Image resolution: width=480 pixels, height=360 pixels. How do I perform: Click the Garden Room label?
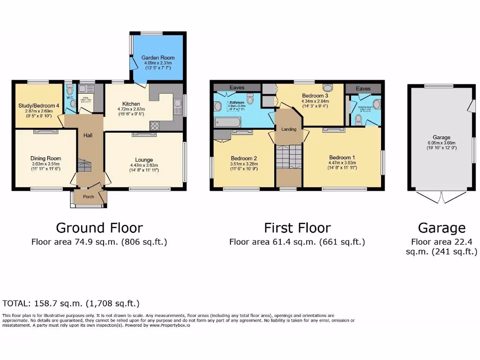click(x=156, y=58)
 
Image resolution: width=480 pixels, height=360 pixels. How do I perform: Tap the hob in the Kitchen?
click(x=155, y=125)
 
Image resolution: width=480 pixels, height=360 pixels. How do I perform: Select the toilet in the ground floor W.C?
click(x=70, y=91)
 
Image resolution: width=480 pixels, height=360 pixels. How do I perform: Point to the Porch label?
click(x=89, y=197)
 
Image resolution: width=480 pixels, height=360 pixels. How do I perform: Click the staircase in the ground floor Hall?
click(x=85, y=165)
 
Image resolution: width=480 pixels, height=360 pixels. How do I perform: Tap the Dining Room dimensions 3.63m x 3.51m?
click(x=45, y=164)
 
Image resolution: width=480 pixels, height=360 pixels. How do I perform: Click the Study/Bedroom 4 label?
click(x=38, y=106)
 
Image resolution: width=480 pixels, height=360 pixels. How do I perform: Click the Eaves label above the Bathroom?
click(x=237, y=88)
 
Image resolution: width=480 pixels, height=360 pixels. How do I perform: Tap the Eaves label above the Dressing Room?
click(x=363, y=88)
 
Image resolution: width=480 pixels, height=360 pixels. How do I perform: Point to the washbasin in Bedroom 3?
click(x=328, y=87)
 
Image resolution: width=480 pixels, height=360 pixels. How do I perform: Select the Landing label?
click(x=289, y=129)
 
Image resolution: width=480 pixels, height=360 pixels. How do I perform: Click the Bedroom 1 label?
click(x=342, y=157)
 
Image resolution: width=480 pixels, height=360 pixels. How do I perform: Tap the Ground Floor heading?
click(x=99, y=228)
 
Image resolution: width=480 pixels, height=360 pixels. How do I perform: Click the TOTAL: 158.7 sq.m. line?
click(x=71, y=303)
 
